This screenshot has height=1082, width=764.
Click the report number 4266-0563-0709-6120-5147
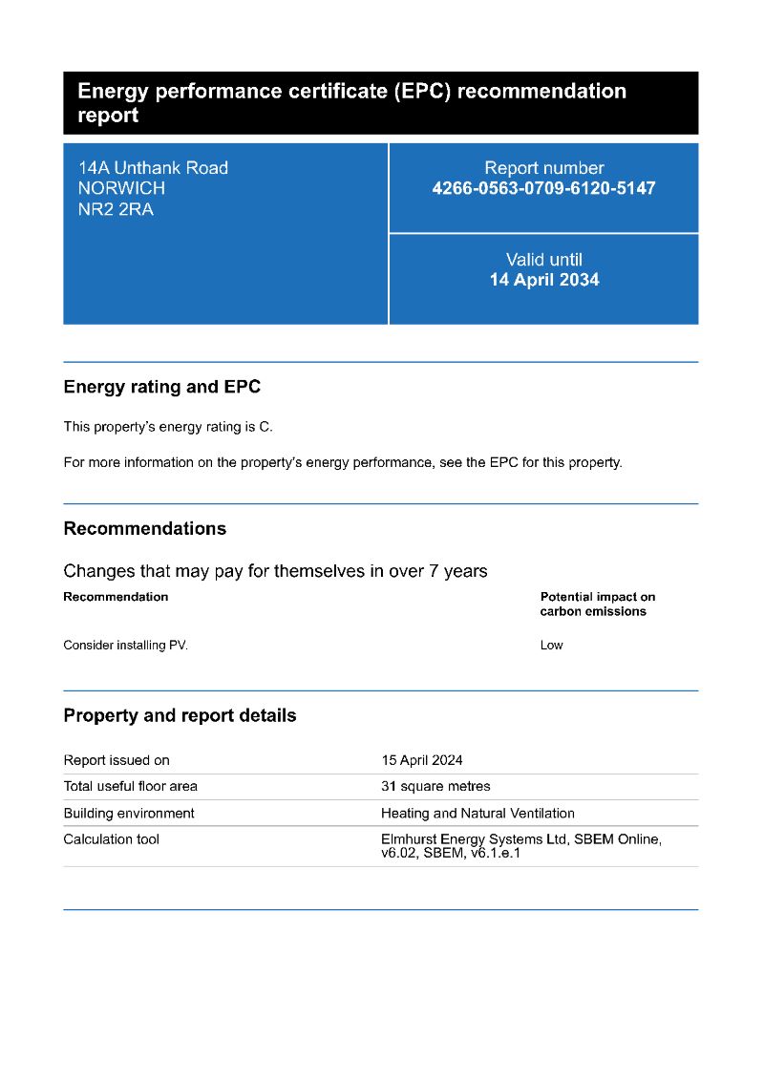click(x=543, y=188)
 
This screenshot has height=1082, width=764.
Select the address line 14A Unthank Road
click(x=153, y=168)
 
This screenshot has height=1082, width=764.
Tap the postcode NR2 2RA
click(x=116, y=210)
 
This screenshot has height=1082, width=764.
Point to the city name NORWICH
click(x=121, y=189)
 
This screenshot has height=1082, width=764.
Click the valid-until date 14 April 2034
click(x=544, y=280)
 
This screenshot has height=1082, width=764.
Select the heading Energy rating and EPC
click(x=161, y=387)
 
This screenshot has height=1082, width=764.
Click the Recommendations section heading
click(x=145, y=528)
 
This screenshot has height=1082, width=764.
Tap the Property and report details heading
click(x=180, y=715)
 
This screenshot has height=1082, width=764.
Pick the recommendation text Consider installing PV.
click(x=126, y=646)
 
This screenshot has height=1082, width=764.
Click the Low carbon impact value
click(x=552, y=646)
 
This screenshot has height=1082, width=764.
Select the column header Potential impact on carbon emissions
click(x=598, y=604)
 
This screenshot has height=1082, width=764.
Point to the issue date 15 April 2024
click(x=422, y=760)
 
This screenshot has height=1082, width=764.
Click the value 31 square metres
click(x=435, y=787)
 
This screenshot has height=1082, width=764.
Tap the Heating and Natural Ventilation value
click(x=477, y=814)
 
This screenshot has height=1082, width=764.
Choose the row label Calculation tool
click(x=112, y=839)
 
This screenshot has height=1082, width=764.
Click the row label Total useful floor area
click(x=131, y=787)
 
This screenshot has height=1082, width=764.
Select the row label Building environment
click(x=129, y=814)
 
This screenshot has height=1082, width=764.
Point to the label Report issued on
click(x=117, y=760)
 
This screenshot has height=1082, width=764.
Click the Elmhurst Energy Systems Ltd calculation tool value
click(x=520, y=846)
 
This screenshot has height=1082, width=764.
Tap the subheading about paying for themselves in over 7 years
click(x=275, y=571)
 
